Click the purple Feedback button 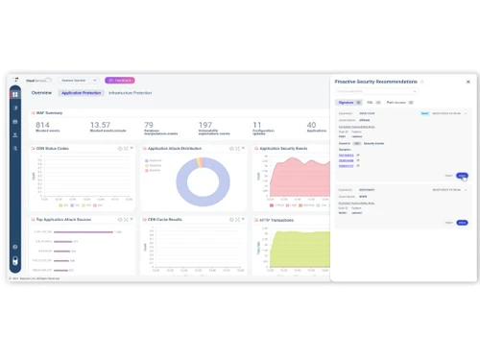click(x=119, y=81)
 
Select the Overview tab click(x=41, y=93)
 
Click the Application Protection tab click(x=81, y=93)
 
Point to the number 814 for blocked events click(x=43, y=125)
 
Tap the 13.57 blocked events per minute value click(x=100, y=125)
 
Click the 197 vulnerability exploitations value click(x=205, y=125)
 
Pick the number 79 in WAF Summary click(x=148, y=125)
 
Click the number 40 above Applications click(x=311, y=125)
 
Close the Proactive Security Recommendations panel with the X click(x=468, y=83)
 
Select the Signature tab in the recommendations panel click(x=346, y=102)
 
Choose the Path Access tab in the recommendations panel click(x=396, y=102)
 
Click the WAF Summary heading click(x=49, y=113)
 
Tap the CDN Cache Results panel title click(x=170, y=220)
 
